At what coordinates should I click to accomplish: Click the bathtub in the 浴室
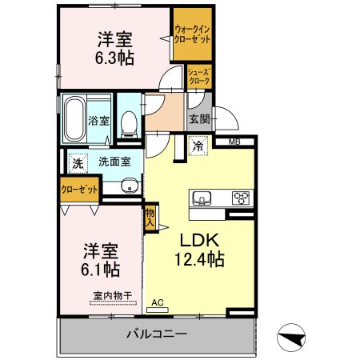pyautogui.click(x=74, y=118)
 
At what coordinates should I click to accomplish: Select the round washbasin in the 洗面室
pyautogui.click(x=130, y=186)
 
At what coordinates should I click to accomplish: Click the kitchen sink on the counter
pyautogui.click(x=202, y=198)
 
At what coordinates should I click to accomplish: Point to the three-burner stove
pyautogui.click(x=241, y=198)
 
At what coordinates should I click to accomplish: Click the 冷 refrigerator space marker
pyautogui.click(x=198, y=146)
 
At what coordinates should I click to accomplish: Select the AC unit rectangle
pyautogui.click(x=158, y=310)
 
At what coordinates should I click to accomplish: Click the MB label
pyautogui.click(x=234, y=142)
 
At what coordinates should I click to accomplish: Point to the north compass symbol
pyautogui.click(x=291, y=337)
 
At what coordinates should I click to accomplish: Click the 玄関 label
pyautogui.click(x=199, y=119)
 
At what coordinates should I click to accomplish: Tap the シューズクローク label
pyautogui.click(x=199, y=77)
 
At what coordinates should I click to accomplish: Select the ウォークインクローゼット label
pyautogui.click(x=192, y=34)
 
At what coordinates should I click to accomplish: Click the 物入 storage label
pyautogui.click(x=150, y=217)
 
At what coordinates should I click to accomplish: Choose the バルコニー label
pyautogui.click(x=157, y=334)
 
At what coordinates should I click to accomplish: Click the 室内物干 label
pyautogui.click(x=113, y=295)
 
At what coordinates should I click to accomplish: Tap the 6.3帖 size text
pyautogui.click(x=114, y=58)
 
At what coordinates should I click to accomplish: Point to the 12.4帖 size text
pyautogui.click(x=199, y=259)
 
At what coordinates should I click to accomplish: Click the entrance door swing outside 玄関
pyautogui.click(x=226, y=118)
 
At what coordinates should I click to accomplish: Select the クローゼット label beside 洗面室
pyautogui.click(x=79, y=190)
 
